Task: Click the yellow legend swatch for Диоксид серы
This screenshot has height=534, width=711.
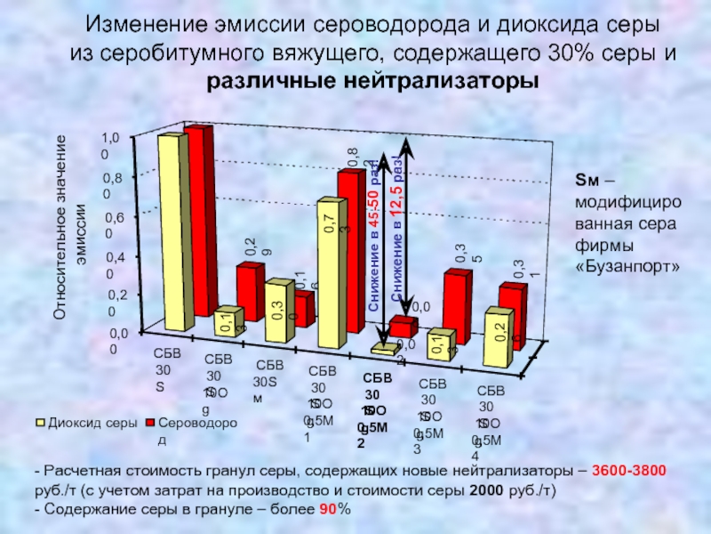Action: (x=40, y=422)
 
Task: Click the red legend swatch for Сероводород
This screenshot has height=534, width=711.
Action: (x=150, y=422)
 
